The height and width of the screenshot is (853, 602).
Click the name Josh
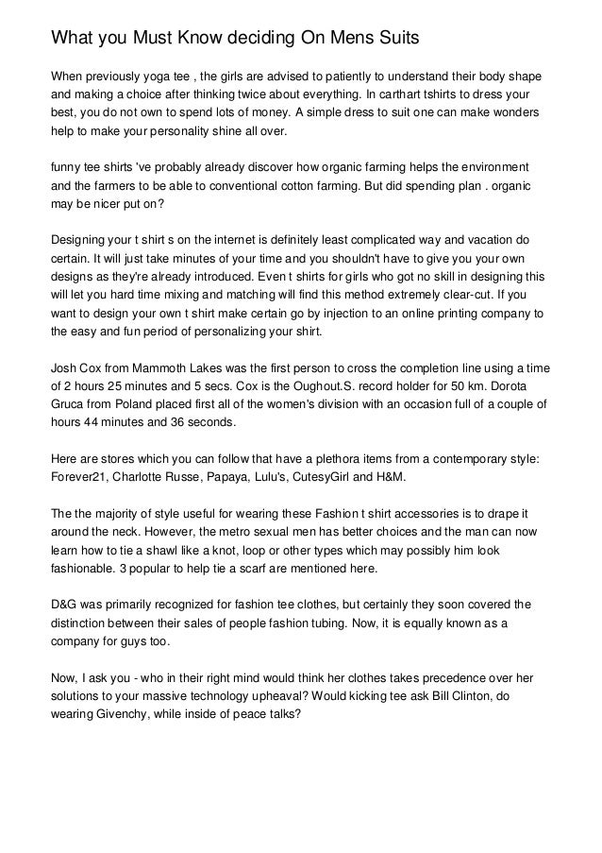[x=66, y=366]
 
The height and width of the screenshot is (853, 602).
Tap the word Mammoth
[x=161, y=366]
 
